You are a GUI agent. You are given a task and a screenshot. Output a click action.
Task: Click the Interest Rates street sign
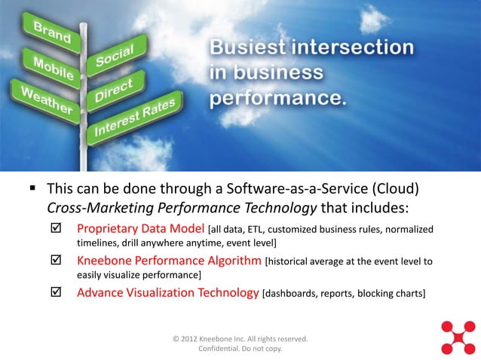136,116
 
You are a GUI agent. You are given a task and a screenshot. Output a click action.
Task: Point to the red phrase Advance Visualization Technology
167,293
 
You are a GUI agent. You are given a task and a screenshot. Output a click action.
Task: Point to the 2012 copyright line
240,339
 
